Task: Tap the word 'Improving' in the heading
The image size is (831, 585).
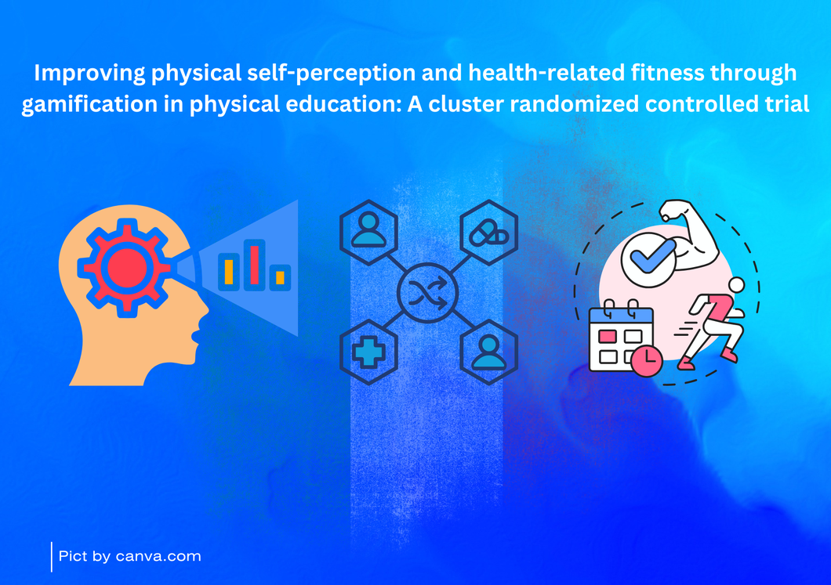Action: tap(89, 73)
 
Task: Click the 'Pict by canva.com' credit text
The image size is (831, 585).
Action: tap(130, 556)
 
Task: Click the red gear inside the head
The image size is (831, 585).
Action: tap(126, 268)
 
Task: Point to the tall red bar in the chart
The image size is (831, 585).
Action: tap(254, 265)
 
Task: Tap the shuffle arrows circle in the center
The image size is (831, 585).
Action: tap(427, 293)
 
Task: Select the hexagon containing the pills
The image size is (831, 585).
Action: tap(488, 233)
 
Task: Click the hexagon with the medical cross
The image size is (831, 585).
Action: tap(369, 352)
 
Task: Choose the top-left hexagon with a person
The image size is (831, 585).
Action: tap(369, 233)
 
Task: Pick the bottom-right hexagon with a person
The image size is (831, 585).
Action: tap(488, 352)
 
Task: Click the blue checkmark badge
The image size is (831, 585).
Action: tap(648, 260)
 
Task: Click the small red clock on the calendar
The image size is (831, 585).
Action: tap(647, 361)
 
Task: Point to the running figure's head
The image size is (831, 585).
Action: tap(736, 285)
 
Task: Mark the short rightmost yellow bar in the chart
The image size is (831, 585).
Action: tap(280, 277)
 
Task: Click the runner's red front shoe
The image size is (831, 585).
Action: tap(686, 363)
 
